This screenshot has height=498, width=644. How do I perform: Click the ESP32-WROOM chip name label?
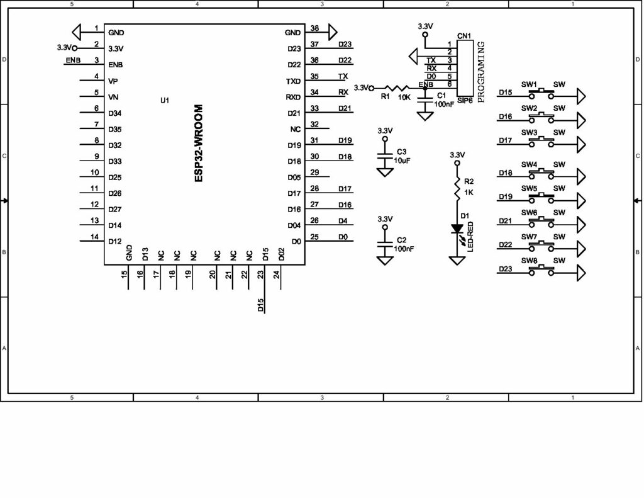(198, 144)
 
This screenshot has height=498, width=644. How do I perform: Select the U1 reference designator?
(165, 100)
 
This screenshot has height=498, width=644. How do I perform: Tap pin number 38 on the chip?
(314, 28)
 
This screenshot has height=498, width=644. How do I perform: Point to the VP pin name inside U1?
(113, 81)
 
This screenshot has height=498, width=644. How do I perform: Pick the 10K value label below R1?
(404, 97)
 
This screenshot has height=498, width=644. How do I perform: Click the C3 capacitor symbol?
(385, 157)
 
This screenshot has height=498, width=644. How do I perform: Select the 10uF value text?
(402, 161)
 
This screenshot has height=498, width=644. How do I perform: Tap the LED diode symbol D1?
(457, 230)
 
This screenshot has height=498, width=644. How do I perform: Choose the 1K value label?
(469, 192)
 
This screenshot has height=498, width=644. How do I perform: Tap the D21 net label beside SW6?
(505, 221)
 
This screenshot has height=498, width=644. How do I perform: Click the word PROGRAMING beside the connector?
(481, 72)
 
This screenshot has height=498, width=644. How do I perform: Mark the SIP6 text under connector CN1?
(465, 100)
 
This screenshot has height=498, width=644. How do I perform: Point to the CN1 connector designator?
(464, 37)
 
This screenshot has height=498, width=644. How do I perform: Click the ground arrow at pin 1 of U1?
(77, 31)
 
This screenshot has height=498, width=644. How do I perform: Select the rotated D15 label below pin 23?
(260, 305)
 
